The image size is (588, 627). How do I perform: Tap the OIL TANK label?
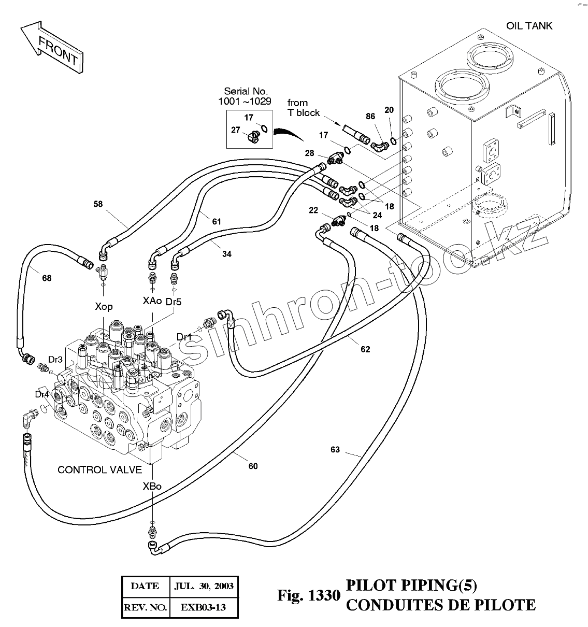(529, 25)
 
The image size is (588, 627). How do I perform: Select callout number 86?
(370, 117)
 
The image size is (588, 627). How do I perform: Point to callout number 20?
(389, 110)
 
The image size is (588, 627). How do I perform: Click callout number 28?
(309, 153)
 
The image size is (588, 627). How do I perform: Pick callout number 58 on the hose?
(98, 204)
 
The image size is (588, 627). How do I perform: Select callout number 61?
(216, 222)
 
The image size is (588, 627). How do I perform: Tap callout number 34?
(227, 254)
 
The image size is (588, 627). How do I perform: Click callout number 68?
(47, 278)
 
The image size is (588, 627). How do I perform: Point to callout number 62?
(365, 349)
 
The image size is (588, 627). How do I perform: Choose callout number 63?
(335, 449)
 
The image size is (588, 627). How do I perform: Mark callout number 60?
(253, 466)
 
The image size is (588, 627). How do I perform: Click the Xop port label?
(104, 306)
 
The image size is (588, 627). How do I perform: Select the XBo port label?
(152, 486)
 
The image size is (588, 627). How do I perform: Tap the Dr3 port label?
(55, 359)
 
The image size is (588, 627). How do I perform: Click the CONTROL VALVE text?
(99, 470)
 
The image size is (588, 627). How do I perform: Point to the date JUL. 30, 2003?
(204, 587)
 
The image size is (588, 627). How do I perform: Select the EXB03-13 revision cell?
(203, 607)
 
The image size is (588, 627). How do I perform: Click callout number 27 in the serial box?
(236, 130)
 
